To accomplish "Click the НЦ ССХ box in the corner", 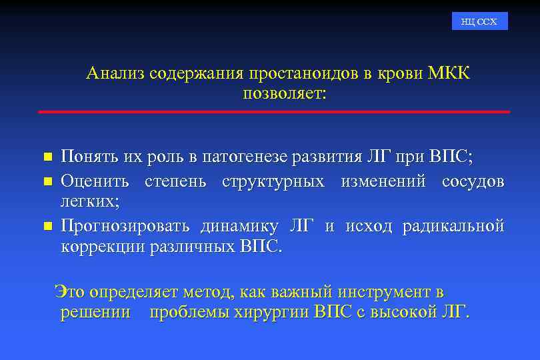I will (x=479, y=21).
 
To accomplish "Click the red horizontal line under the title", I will (x=274, y=111).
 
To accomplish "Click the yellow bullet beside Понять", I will (x=47, y=158).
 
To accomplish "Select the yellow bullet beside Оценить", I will (x=47, y=181).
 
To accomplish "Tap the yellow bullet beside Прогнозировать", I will (x=47, y=227).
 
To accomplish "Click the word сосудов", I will (x=473, y=181).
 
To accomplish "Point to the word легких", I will (x=87, y=199).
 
